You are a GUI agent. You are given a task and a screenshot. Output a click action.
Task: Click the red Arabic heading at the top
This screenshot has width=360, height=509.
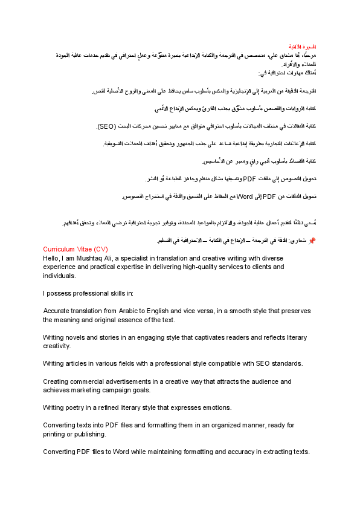coord(304,47)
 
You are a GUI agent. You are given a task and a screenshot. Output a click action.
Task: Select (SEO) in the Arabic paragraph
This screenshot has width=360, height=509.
coord(107,127)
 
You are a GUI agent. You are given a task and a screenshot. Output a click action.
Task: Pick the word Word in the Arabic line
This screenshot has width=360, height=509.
coord(244,196)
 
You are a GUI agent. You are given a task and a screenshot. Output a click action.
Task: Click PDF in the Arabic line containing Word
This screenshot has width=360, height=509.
coord(269,196)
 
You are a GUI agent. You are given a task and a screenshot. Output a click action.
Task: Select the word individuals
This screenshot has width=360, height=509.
coord(59,275)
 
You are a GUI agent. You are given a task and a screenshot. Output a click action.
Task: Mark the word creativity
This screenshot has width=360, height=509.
coord(57,346)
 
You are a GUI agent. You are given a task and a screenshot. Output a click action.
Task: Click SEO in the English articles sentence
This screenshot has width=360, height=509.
coord(262,364)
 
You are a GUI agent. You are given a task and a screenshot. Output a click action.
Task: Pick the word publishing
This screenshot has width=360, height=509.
coord(89,435)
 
